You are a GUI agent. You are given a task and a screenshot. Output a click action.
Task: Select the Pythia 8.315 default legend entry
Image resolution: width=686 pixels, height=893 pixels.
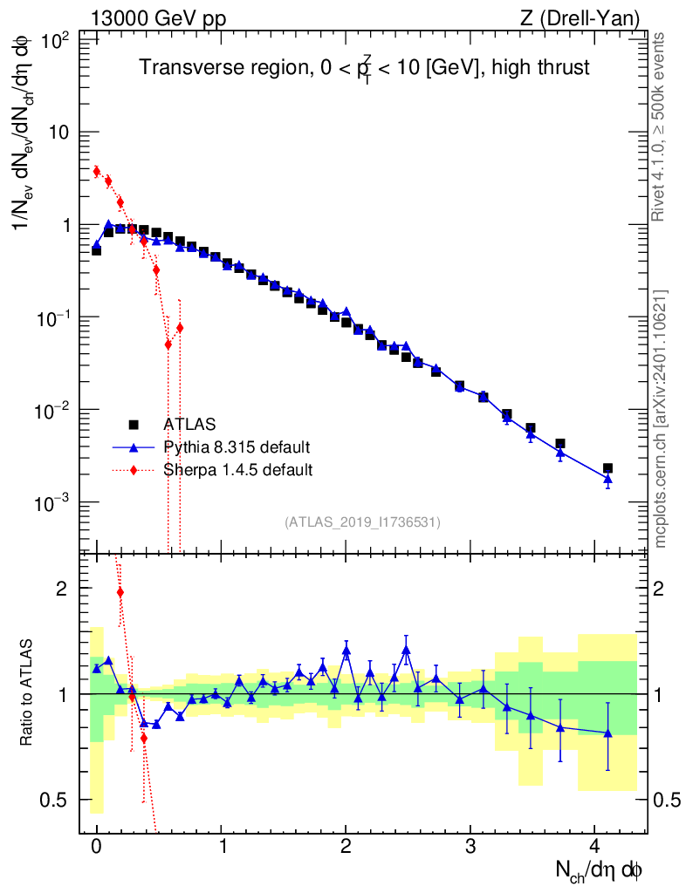tap(237, 447)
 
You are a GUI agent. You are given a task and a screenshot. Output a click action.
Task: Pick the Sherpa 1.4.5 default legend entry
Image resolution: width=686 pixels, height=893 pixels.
tap(237, 470)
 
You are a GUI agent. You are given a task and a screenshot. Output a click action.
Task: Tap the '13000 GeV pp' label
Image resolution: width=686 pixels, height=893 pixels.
tap(158, 18)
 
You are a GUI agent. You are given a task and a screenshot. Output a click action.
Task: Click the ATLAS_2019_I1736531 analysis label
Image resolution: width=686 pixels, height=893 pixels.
tap(362, 521)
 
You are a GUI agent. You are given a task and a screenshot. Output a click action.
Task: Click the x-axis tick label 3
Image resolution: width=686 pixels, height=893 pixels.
tap(470, 848)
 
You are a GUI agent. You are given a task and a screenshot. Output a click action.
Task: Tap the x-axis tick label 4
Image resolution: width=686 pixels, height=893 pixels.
tap(595, 848)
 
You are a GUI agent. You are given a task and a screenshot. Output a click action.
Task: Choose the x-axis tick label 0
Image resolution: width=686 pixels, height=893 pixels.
tap(97, 848)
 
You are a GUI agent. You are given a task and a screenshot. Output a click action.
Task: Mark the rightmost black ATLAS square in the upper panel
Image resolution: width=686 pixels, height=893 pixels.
tap(607, 468)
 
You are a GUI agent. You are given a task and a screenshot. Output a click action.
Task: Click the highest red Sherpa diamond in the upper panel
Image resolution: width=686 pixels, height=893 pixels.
tap(97, 171)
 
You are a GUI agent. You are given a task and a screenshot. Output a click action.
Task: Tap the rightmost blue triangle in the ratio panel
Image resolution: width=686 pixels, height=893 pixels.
tap(607, 733)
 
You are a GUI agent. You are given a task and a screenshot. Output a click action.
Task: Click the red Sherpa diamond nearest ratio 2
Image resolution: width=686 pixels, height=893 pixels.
tap(120, 592)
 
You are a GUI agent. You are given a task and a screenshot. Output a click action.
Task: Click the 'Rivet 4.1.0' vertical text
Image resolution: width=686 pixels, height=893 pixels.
tap(662, 126)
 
